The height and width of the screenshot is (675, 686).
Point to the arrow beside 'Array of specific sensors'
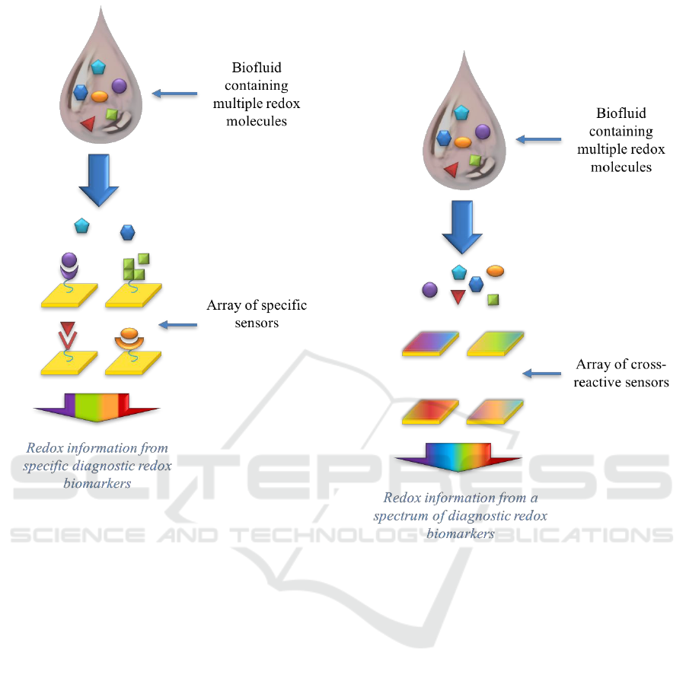click(x=177, y=325)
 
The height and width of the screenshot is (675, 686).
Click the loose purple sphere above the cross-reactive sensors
click(x=430, y=289)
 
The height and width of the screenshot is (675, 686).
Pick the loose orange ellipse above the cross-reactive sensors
click(x=495, y=270)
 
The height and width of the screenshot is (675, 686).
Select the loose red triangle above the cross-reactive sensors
click(x=458, y=297)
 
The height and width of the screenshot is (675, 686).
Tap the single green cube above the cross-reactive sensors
click(x=493, y=299)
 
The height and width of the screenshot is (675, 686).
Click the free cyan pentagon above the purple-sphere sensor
click(x=81, y=225)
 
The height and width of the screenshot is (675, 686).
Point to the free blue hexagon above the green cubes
click(x=127, y=231)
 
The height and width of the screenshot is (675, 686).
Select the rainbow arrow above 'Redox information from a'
click(x=458, y=455)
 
